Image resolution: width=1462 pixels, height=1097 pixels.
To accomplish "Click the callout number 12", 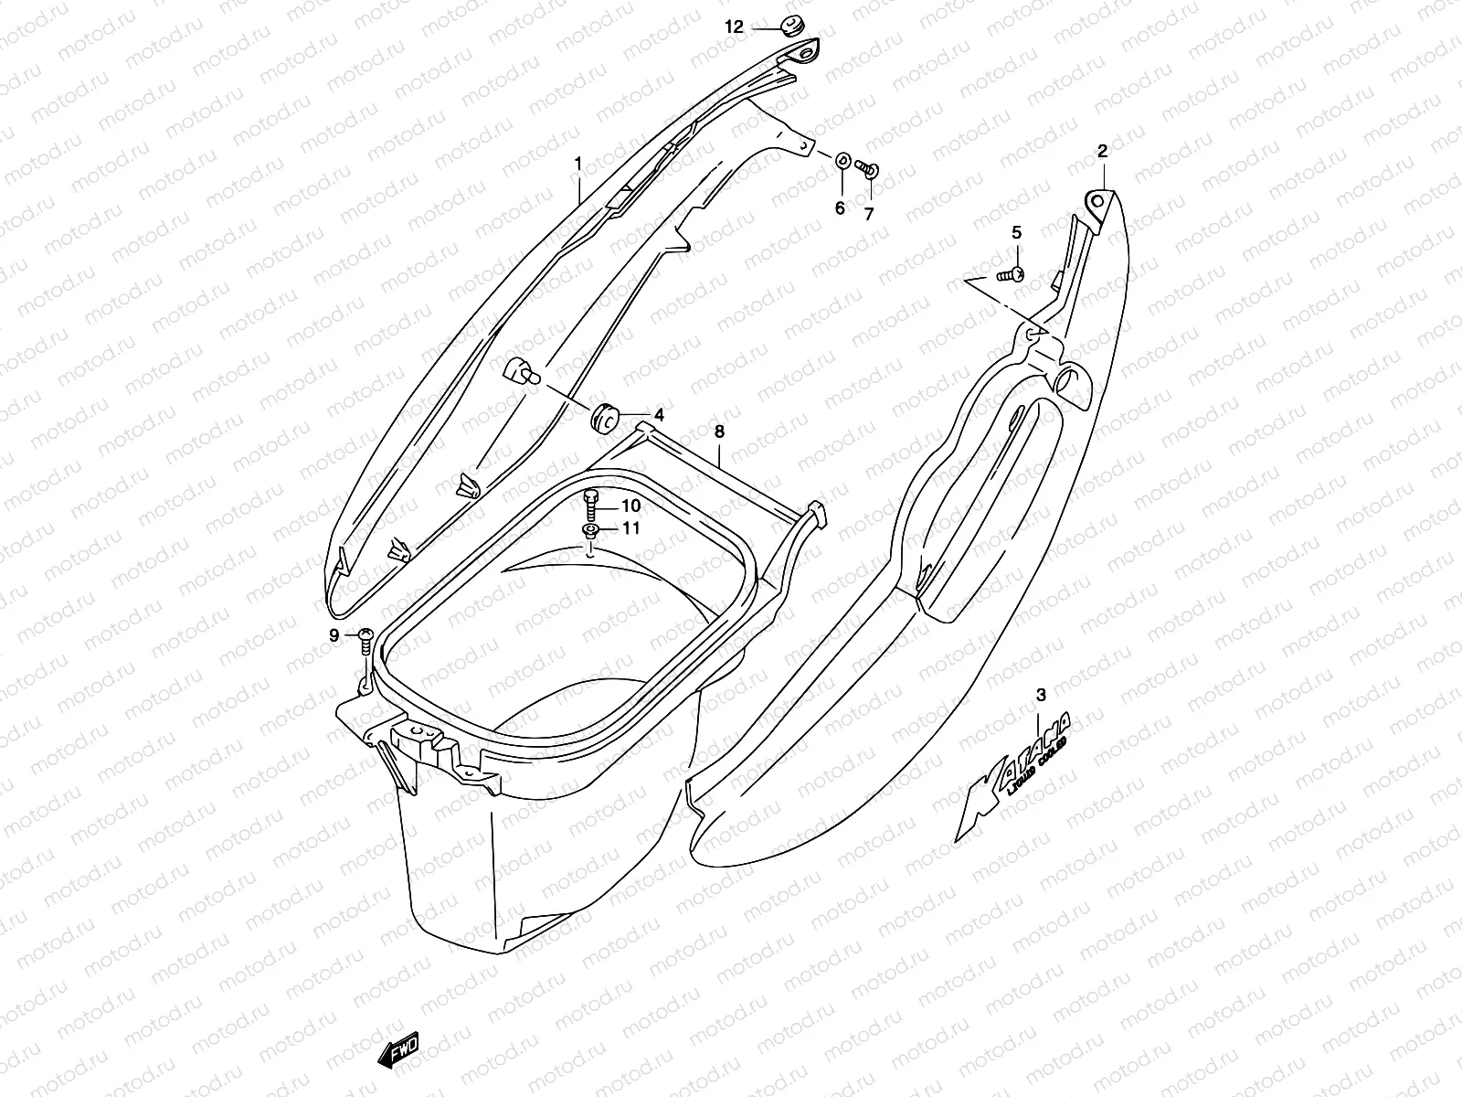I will [x=735, y=27].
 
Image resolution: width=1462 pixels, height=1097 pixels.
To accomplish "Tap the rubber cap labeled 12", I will [x=791, y=27].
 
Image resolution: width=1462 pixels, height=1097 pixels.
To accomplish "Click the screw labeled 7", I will [x=869, y=169].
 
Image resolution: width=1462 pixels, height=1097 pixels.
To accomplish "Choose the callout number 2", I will [x=1102, y=152].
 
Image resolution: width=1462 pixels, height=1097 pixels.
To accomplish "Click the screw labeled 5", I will [x=1010, y=273].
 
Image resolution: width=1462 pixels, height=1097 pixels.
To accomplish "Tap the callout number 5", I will [x=1016, y=233].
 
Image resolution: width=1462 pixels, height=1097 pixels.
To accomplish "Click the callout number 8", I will [x=719, y=431].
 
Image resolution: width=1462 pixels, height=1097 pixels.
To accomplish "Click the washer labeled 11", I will [x=591, y=530].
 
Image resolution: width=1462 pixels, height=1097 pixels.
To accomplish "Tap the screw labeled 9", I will [x=365, y=638].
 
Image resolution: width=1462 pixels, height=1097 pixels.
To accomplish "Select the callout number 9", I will [x=334, y=634].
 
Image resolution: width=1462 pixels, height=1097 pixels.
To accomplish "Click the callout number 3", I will [x=1040, y=697].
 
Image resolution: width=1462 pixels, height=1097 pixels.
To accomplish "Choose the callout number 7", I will [x=869, y=214].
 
